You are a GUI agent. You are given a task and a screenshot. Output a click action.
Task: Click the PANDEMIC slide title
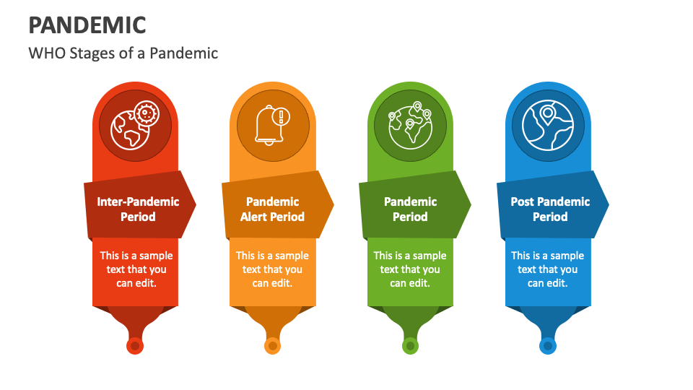(x=87, y=25)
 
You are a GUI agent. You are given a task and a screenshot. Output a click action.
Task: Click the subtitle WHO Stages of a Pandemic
(x=123, y=53)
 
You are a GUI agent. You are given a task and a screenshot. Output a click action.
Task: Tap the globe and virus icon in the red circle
(x=135, y=125)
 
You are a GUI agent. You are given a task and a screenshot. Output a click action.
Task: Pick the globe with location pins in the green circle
(x=410, y=125)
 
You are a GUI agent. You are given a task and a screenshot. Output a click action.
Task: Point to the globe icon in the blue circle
(x=548, y=125)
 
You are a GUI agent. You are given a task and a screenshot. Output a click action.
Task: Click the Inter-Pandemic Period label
(x=138, y=209)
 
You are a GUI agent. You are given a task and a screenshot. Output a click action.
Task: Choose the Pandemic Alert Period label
(x=273, y=209)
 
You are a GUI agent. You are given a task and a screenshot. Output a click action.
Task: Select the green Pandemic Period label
(x=410, y=209)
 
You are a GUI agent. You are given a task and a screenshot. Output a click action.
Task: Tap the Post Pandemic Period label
(x=550, y=209)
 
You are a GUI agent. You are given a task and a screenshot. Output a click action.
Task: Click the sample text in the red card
(x=136, y=269)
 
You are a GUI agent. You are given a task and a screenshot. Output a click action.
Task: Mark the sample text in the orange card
(x=272, y=269)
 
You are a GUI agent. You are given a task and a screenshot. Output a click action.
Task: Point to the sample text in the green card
(x=410, y=269)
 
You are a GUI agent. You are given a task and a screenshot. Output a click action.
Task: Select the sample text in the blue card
(x=548, y=269)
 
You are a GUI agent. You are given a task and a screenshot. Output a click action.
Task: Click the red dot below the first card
(x=135, y=346)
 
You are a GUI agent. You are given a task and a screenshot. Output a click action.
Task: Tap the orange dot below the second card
(x=272, y=346)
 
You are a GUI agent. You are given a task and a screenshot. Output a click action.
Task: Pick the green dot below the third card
(x=410, y=346)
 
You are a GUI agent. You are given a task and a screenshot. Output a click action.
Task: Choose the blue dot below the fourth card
(x=548, y=346)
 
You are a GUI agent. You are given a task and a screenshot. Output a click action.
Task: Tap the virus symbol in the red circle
(x=147, y=113)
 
